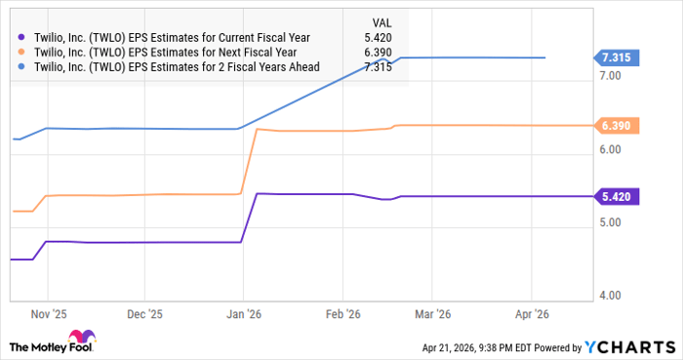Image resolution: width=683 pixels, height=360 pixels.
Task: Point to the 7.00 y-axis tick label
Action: [x=611, y=75]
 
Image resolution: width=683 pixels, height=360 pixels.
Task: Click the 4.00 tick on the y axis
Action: [x=611, y=296]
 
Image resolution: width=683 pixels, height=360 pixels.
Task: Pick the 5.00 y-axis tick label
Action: [x=611, y=222]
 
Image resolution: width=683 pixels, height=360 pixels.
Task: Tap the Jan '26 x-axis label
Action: [x=243, y=314]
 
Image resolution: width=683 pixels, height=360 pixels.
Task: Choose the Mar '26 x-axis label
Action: [x=430, y=314]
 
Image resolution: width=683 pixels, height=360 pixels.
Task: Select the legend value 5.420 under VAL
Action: [x=379, y=36]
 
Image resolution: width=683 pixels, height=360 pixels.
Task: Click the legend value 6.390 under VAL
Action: [x=379, y=52]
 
